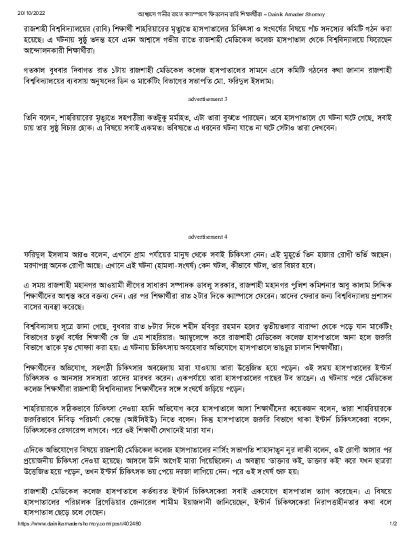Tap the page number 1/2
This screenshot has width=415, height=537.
[393, 524]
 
